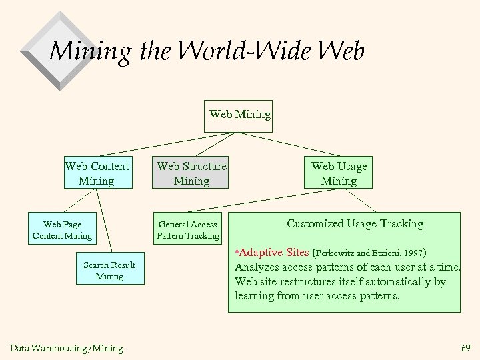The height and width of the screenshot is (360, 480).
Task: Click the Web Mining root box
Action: click(240, 115)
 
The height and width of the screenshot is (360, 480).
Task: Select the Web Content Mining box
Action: click(97, 173)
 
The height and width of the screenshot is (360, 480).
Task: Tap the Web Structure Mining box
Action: click(191, 173)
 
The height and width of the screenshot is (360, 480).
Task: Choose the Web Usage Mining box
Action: click(339, 173)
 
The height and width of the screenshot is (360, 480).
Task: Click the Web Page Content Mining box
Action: click(62, 229)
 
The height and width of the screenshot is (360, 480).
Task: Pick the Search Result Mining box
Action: click(109, 270)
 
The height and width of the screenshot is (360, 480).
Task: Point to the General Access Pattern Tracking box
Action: click(188, 229)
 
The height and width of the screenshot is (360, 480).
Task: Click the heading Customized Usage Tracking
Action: click(355, 224)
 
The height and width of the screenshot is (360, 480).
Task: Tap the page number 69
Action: click(465, 348)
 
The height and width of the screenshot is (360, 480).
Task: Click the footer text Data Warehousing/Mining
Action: click(67, 348)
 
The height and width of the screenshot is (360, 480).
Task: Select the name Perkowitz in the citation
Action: click(337, 254)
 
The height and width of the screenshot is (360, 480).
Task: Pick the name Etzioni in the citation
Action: click(383, 254)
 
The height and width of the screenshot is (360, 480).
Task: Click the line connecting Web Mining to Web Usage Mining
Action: click(290, 145)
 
